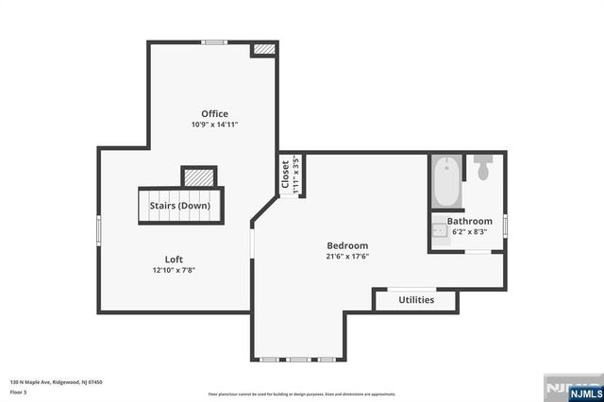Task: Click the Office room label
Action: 214,114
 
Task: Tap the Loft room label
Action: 173,259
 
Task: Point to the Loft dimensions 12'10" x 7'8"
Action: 173,269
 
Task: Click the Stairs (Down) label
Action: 179,205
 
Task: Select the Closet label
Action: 285,174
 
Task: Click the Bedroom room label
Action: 347,245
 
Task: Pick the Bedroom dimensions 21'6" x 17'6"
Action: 347,256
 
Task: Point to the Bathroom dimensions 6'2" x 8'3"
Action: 470,231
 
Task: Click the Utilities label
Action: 416,300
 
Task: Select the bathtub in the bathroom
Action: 447,183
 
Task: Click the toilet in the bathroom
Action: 483,169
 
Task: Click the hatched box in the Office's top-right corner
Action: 263,48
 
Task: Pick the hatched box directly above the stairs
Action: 198,176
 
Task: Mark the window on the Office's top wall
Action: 214,42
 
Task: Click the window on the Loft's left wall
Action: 99,232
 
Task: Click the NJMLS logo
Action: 569,389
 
